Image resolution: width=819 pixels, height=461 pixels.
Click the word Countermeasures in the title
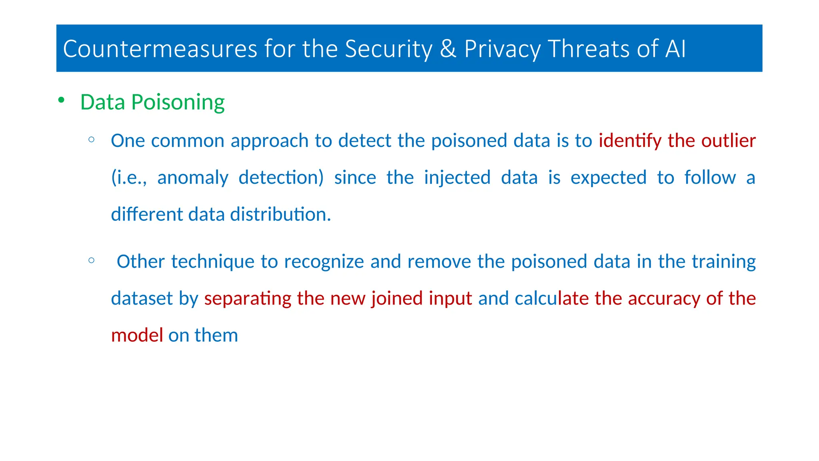pyautogui.click(x=160, y=49)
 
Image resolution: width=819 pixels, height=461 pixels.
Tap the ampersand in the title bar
pyautogui.click(x=448, y=49)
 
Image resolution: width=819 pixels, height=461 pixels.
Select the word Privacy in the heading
pyautogui.click(x=502, y=50)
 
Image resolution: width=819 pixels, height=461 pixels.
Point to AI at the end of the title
pyautogui.click(x=675, y=49)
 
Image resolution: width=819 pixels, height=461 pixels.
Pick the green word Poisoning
pyautogui.click(x=178, y=102)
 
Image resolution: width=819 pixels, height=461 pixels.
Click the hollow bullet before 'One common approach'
pyautogui.click(x=92, y=140)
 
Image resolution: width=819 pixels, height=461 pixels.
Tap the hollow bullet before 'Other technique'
pyautogui.click(x=92, y=261)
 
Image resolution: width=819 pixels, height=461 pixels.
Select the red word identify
pyautogui.click(x=630, y=141)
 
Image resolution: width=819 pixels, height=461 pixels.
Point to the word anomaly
pyautogui.click(x=193, y=178)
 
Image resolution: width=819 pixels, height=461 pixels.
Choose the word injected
pyautogui.click(x=457, y=178)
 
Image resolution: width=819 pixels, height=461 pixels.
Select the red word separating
pyautogui.click(x=248, y=299)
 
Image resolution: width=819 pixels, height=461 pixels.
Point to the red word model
pyautogui.click(x=137, y=335)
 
